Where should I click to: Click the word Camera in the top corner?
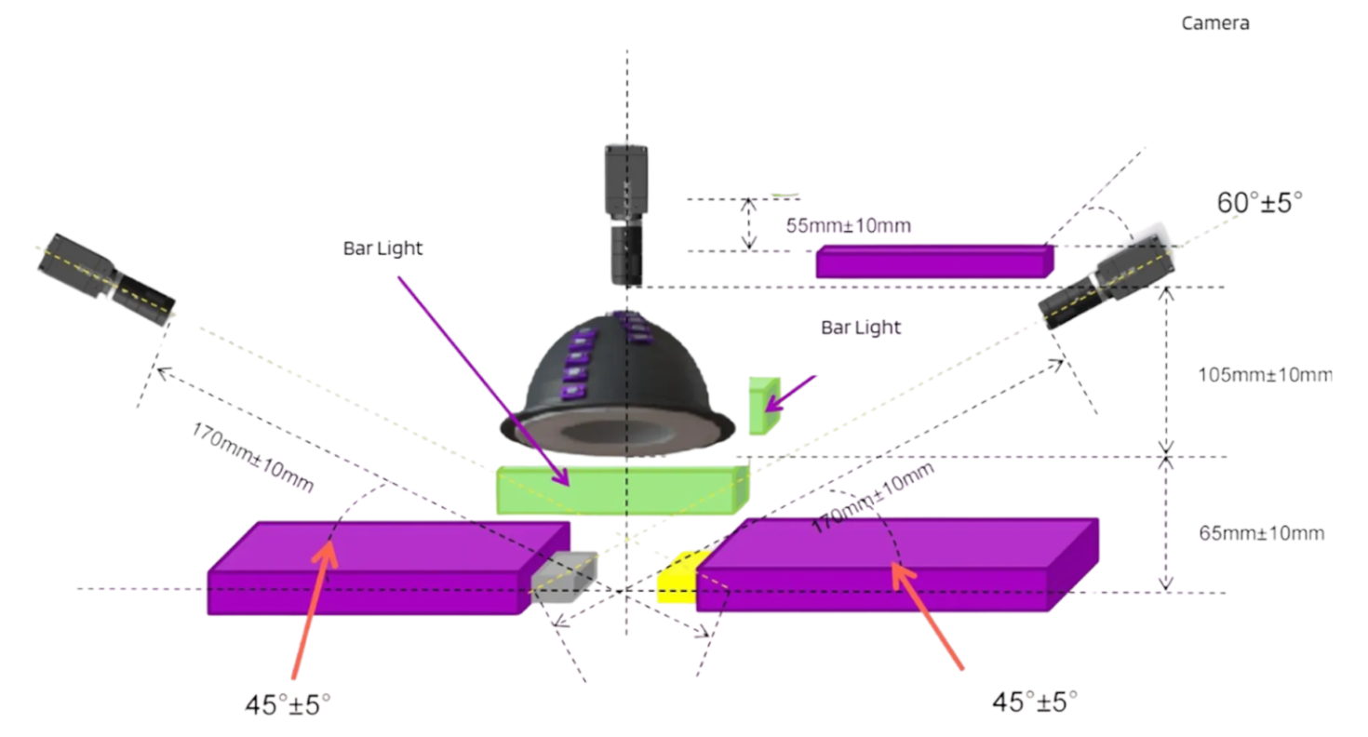click(x=1214, y=23)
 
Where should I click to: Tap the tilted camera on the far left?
click(x=106, y=277)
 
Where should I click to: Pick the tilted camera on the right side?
click(x=1106, y=283)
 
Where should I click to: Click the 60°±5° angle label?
click(x=1260, y=202)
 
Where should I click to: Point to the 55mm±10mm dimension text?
click(x=848, y=225)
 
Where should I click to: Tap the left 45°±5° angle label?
click(x=288, y=703)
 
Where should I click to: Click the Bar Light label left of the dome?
click(x=382, y=248)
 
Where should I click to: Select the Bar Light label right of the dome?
click(x=861, y=328)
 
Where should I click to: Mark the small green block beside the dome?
click(x=763, y=405)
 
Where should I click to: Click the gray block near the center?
click(x=563, y=573)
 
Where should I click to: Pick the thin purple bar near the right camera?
click(x=933, y=261)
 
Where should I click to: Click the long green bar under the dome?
click(x=622, y=490)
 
